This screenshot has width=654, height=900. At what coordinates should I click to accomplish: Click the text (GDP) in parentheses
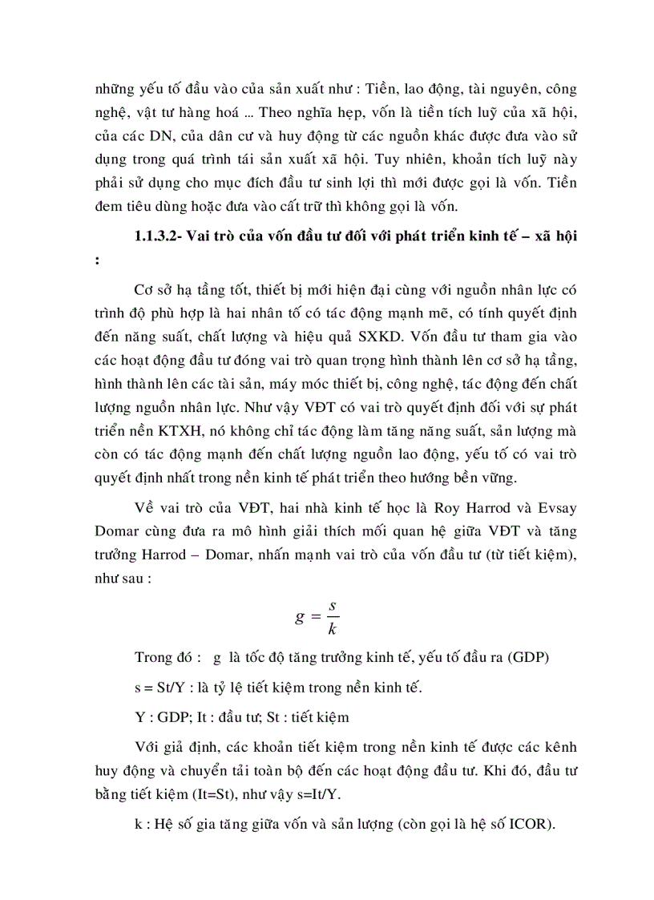click(x=533, y=660)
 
